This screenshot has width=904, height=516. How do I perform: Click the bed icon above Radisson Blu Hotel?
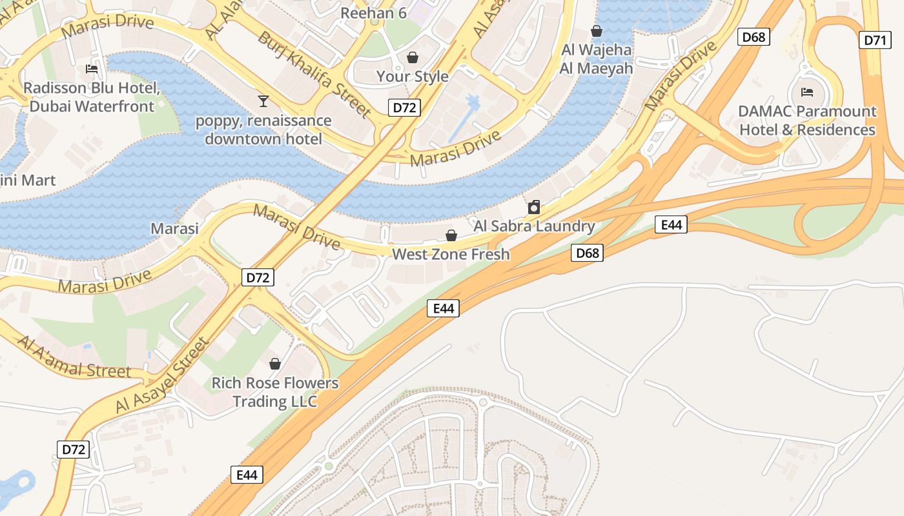(92, 69)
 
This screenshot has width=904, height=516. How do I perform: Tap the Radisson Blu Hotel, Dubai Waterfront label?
(92, 97)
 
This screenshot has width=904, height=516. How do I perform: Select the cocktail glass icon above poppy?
(263, 101)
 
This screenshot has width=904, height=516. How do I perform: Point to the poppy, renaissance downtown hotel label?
(263, 130)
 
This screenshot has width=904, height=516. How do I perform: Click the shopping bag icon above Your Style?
(412, 58)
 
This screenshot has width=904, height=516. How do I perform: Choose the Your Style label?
(412, 76)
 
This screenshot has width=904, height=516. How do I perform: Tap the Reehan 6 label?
(373, 12)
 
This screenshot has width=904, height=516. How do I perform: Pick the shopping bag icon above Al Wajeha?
(597, 31)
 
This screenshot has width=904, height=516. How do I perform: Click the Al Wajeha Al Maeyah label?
(597, 59)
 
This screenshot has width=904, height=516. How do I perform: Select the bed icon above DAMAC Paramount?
(806, 92)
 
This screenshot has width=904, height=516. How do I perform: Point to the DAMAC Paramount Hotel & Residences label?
(807, 121)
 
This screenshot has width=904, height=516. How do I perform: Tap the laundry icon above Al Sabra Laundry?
(534, 208)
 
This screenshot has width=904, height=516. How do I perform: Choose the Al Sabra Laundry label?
(534, 226)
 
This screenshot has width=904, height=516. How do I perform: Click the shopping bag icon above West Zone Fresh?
(451, 235)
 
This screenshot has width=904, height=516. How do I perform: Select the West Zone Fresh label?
(451, 254)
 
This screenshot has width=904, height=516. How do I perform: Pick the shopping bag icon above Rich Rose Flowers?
(275, 364)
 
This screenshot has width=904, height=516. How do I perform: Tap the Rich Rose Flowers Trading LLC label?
(275, 392)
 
